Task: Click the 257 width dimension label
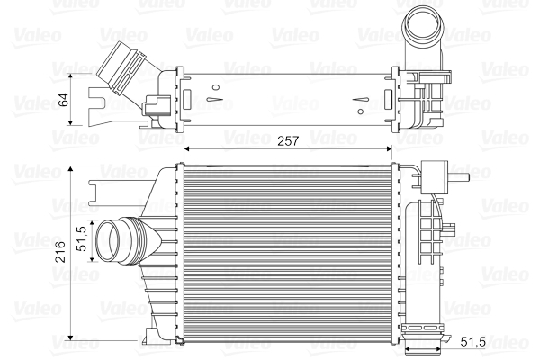tap(287, 141)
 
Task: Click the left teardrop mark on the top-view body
tap(214, 90)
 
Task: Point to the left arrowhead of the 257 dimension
tap(186, 149)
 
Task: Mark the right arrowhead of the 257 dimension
tap(393, 149)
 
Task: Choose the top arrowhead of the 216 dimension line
tap(71, 168)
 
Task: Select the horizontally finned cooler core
tap(288, 252)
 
